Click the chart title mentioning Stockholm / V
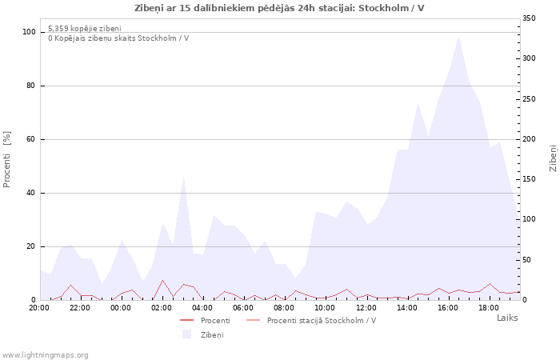coord(279,8)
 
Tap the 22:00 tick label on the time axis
coord(80,307)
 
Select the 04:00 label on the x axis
coord(203,307)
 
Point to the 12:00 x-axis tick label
coord(367,307)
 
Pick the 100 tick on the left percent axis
coord(29,32)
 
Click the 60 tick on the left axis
coord(31,139)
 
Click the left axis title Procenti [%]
coord(7,159)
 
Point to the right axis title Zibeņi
coord(553,158)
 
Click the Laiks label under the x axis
coord(507,318)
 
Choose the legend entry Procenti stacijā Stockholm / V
coord(321,321)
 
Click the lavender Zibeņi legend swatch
coord(187,334)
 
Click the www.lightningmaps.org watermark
coord(46,355)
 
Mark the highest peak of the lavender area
coord(458,36)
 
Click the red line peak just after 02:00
coord(162,280)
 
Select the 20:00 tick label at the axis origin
coord(38,307)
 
